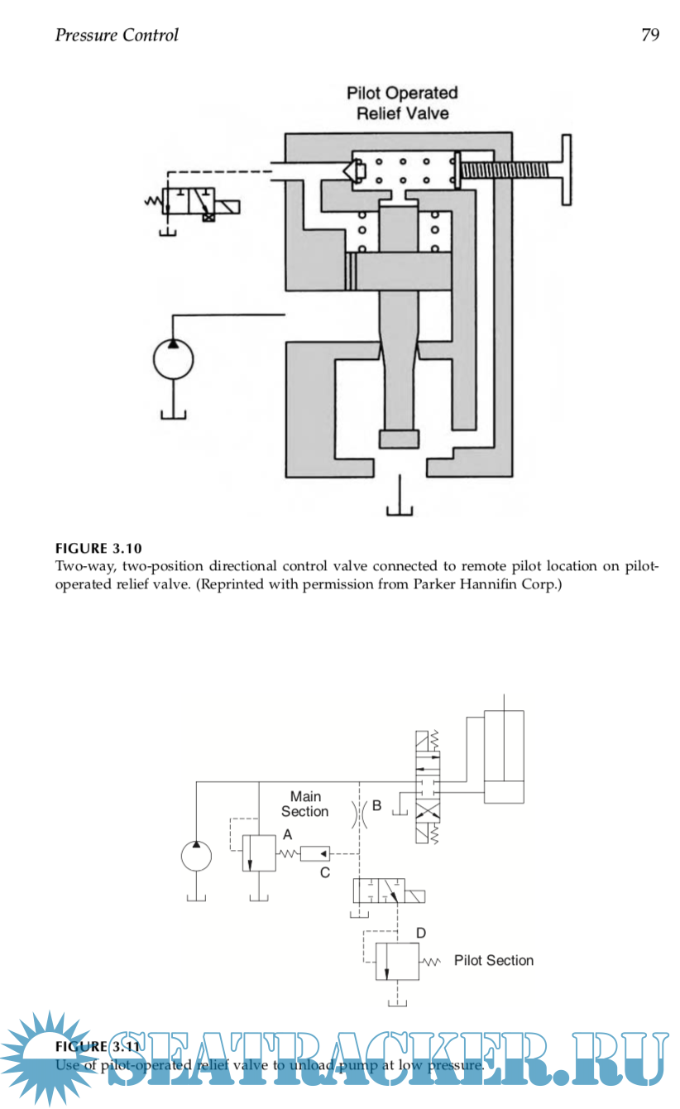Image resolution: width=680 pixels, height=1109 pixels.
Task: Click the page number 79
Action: click(649, 35)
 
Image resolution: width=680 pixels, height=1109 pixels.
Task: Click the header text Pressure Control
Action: click(117, 35)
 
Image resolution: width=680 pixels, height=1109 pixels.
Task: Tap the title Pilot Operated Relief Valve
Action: click(402, 103)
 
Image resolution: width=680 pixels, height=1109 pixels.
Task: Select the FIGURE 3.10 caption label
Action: click(93, 548)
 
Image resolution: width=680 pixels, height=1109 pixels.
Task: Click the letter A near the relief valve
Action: click(288, 835)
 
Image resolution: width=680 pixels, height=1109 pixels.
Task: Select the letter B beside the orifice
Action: click(376, 804)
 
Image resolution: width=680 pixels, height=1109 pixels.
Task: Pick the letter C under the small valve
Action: click(325, 872)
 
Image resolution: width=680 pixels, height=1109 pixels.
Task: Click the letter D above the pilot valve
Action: click(421, 933)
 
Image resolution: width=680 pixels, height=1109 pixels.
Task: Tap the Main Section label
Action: click(305, 804)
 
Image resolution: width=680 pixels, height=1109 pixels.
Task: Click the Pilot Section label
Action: click(494, 960)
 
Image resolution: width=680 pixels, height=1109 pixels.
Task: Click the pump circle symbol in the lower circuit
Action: click(197, 855)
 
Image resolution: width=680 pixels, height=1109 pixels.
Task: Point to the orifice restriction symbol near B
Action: click(359, 814)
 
